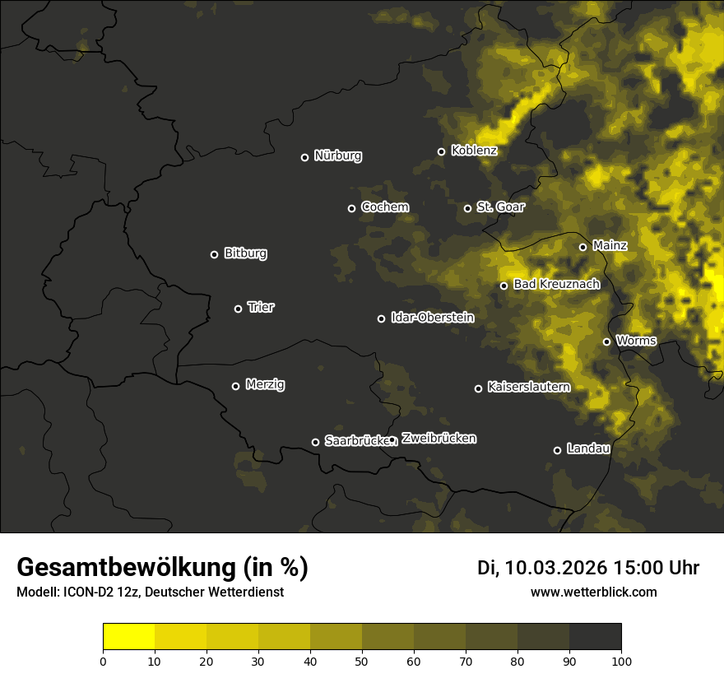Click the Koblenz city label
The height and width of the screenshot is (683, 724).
pyautogui.click(x=474, y=151)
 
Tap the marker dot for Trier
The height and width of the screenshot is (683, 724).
pyautogui.click(x=239, y=309)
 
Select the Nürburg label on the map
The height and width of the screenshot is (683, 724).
pyautogui.click(x=337, y=156)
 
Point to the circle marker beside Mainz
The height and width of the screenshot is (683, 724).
pyautogui.click(x=583, y=247)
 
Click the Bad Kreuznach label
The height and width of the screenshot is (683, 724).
pyautogui.click(x=556, y=284)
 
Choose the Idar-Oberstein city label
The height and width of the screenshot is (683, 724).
pyautogui.click(x=432, y=317)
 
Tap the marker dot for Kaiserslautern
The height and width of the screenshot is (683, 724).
pyautogui.click(x=478, y=388)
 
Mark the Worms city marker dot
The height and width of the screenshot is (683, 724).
pyautogui.click(x=607, y=341)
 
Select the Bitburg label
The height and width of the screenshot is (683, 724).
pyautogui.click(x=245, y=253)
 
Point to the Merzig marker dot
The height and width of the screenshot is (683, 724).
pyautogui.click(x=236, y=386)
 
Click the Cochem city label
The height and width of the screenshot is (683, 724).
pyautogui.click(x=384, y=207)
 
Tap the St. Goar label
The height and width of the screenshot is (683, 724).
pyautogui.click(x=500, y=207)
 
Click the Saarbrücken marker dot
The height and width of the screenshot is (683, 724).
pyautogui.click(x=315, y=442)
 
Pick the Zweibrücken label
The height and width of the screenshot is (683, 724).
pyautogui.click(x=439, y=439)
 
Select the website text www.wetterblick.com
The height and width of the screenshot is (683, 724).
pyautogui.click(x=594, y=592)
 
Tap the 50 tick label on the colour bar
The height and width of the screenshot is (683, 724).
pyautogui.click(x=362, y=661)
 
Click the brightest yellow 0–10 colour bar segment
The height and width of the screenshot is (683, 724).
pyautogui.click(x=129, y=636)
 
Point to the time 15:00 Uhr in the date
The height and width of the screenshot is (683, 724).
pyautogui.click(x=656, y=568)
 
